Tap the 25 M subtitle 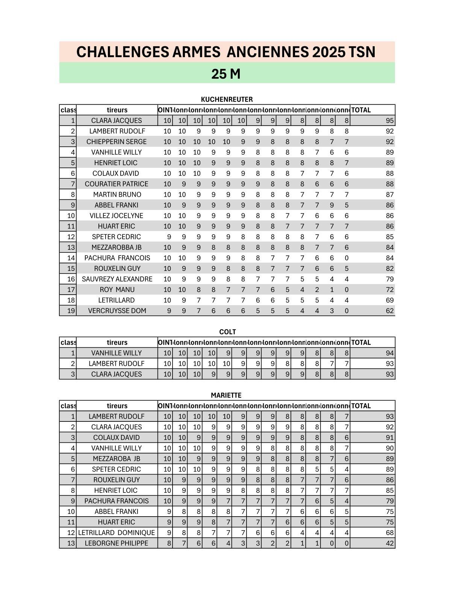(226, 74)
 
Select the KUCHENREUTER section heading (227, 99)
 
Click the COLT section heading (227, 332)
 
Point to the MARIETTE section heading (226, 395)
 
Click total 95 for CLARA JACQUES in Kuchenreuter (389, 121)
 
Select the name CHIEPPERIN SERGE (117, 142)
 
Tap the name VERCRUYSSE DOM (117, 311)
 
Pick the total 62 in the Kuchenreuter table (389, 311)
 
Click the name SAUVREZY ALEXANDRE (117, 279)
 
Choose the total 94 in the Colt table (389, 353)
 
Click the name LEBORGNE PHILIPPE (117, 543)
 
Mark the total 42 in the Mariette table (389, 543)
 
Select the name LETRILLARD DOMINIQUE (117, 533)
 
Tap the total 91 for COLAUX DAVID (389, 438)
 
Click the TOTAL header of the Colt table (361, 342)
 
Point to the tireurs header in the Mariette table (117, 406)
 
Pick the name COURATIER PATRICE (117, 184)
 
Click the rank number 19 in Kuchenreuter (71, 311)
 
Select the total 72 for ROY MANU (389, 290)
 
